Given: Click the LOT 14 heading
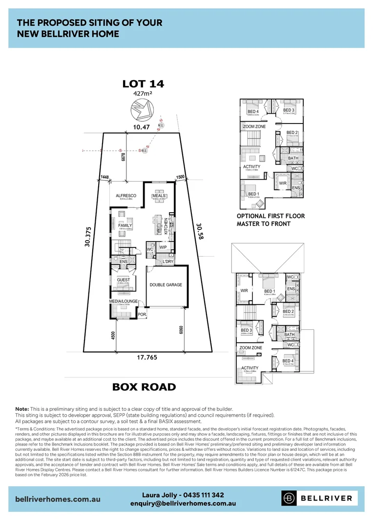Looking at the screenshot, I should tap(143, 84).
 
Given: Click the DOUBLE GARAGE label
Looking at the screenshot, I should tap(166, 284).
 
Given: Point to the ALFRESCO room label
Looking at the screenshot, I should tap(125, 196).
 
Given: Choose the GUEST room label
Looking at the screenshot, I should tap(123, 280).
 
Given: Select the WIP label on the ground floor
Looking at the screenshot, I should tap(163, 247).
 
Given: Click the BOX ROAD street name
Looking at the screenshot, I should tap(144, 387).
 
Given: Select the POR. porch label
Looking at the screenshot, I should tap(142, 315).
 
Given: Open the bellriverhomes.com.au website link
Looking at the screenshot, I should tap(58, 499).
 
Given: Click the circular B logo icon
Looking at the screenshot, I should tap(290, 498).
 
